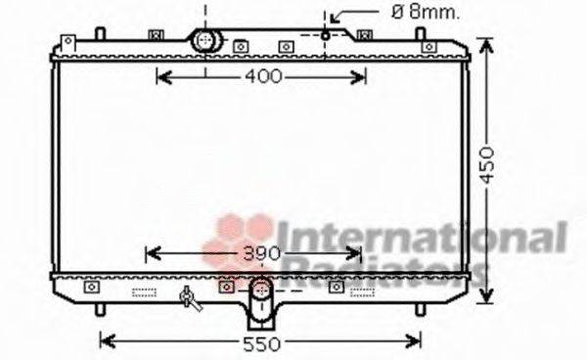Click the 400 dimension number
coord(261,76)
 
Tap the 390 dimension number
coord(261,254)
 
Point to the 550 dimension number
coord(261,343)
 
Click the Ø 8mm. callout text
coord(398,13)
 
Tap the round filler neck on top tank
coord(205,41)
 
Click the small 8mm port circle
coord(326,37)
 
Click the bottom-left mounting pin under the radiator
coord(101,309)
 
